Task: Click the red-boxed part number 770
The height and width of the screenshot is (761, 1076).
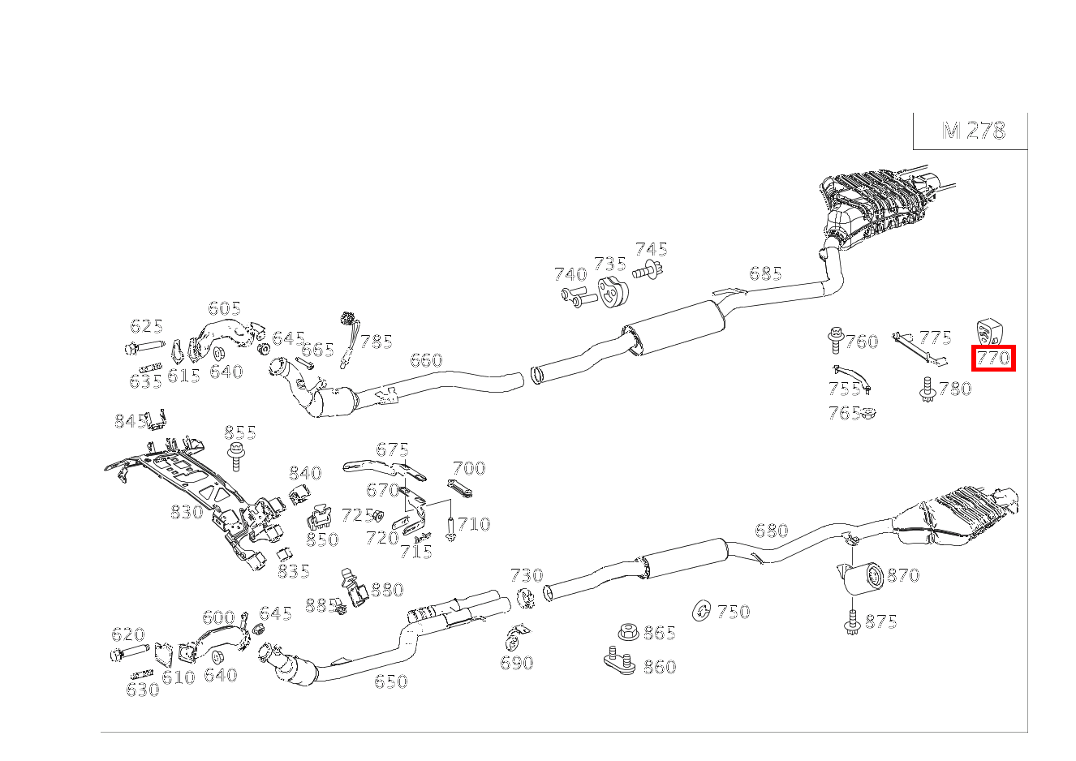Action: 993,358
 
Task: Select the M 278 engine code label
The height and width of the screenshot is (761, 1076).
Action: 973,131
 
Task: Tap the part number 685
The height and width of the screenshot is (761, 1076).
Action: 765,273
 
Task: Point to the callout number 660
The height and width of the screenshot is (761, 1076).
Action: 426,359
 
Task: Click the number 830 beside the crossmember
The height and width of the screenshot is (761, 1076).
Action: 186,512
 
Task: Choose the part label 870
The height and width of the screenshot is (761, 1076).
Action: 902,575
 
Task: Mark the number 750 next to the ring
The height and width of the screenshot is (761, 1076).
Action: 733,612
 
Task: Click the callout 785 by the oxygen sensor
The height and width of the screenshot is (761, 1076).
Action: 377,342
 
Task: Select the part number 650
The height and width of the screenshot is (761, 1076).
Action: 390,681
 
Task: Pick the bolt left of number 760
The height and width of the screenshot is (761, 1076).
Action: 835,340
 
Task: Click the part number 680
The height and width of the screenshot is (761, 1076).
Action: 771,531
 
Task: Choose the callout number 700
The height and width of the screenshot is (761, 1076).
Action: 469,468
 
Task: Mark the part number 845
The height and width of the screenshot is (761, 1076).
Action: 130,421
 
